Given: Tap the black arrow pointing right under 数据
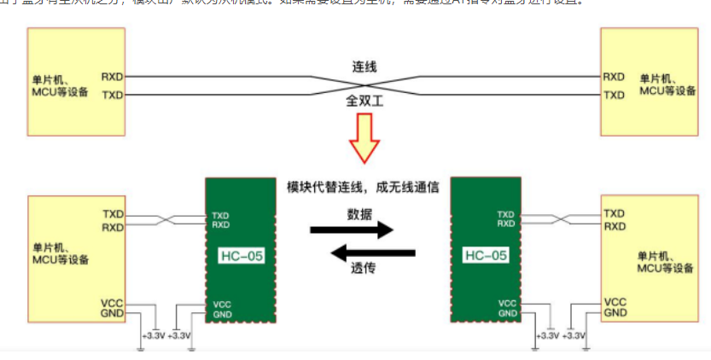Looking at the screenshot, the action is coord(351,229).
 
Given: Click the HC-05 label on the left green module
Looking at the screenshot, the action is coord(242,255).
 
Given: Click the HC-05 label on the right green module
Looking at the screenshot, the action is coord(486,255).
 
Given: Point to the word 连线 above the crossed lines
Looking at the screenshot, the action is coord(364,66).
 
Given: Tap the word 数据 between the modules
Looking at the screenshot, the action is coord(359,214).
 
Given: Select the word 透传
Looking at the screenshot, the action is coord(363,267).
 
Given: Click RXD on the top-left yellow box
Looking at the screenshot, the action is coord(112,76).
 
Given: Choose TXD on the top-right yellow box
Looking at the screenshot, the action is coord(614,95).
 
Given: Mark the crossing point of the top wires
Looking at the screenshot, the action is coord(364,85).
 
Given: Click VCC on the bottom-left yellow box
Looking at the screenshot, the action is coord(112,302).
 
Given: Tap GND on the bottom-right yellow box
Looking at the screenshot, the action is coord(615,313).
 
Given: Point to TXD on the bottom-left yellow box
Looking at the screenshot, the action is coord(113,213).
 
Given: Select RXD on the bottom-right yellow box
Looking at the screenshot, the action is coord(614,226).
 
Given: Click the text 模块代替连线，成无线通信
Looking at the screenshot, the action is coord(363,187).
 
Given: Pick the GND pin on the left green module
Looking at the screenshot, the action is coord(222,315).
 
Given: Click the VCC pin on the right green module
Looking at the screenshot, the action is coord(506,303).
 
